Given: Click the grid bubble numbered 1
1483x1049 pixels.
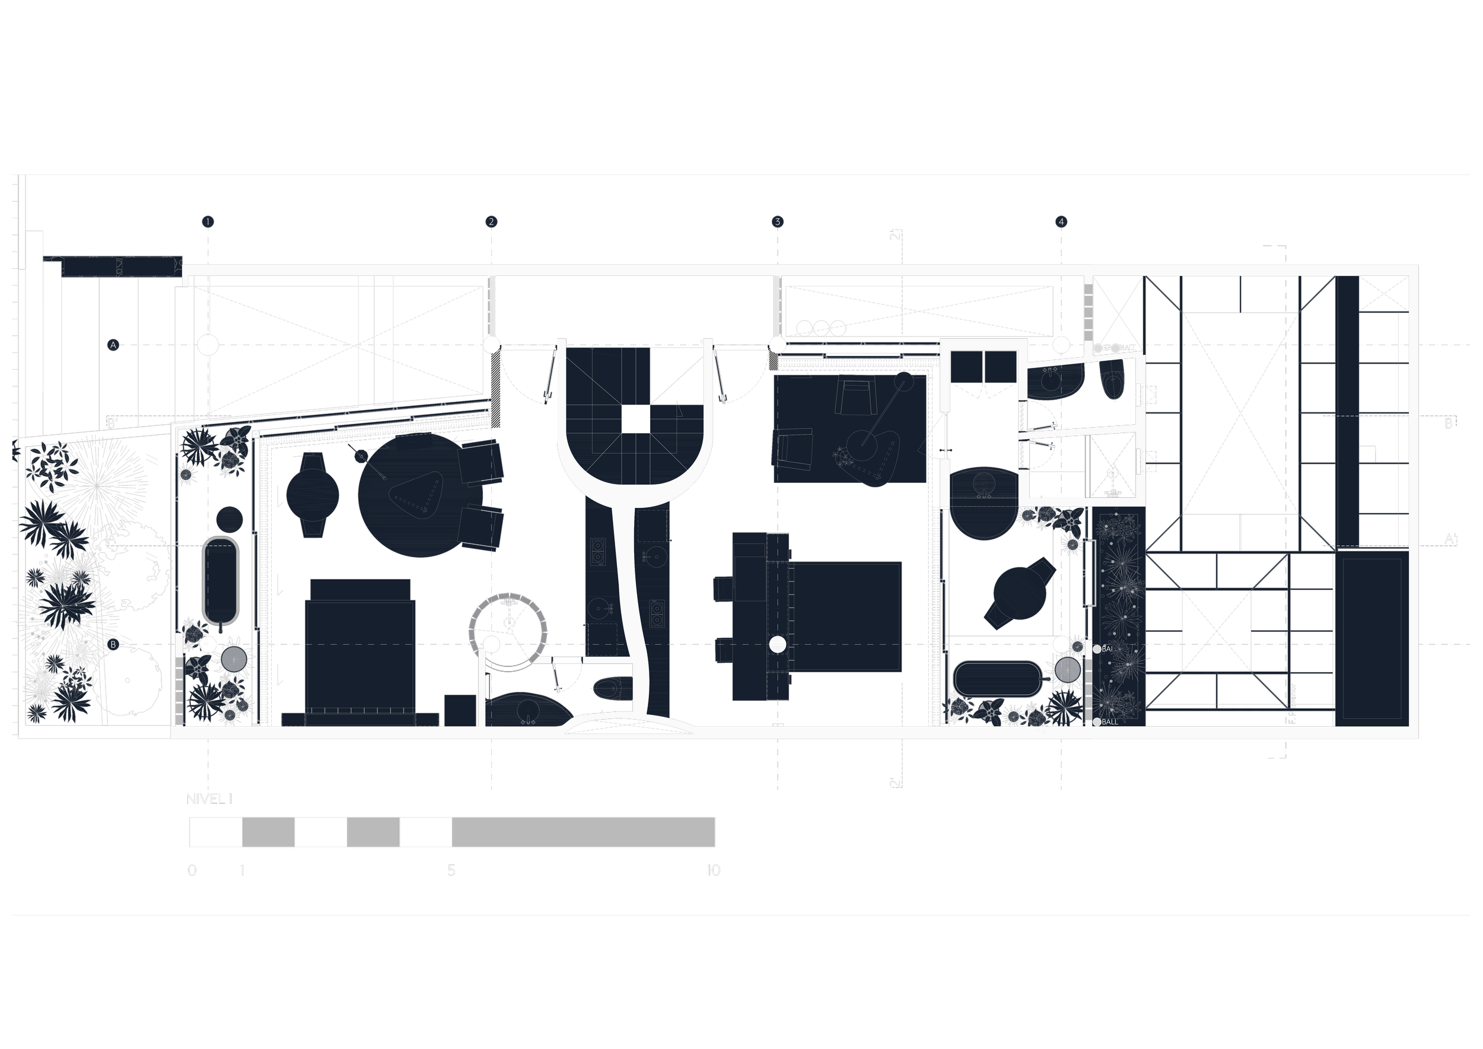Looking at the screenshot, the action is pyautogui.click(x=208, y=221).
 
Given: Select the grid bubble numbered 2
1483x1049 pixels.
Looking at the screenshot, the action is pyautogui.click(x=491, y=221).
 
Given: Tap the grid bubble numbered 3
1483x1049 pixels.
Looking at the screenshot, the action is pyautogui.click(x=777, y=221).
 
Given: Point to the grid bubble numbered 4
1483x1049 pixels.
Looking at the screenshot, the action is pyautogui.click(x=1061, y=221).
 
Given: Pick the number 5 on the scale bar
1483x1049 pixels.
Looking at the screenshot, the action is pyautogui.click(x=451, y=870).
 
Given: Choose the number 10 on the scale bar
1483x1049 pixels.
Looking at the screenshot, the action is pyautogui.click(x=712, y=870).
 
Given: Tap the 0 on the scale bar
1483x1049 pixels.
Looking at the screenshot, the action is pyautogui.click(x=192, y=870).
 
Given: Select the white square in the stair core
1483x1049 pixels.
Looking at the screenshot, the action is pyautogui.click(x=635, y=418).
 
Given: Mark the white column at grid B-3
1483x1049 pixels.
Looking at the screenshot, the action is pyautogui.click(x=778, y=644).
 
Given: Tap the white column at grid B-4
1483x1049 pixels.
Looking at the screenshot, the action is pyautogui.click(x=1061, y=644).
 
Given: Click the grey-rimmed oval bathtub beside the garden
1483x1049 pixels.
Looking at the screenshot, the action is pyautogui.click(x=221, y=580).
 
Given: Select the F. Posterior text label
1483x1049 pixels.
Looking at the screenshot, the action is pyautogui.click(x=1293, y=704).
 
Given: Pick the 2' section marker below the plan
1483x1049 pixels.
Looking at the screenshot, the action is pyautogui.click(x=895, y=783).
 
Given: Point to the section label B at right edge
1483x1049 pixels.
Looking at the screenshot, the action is pyautogui.click(x=1449, y=423).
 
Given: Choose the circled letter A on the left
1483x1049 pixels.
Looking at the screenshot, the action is pyautogui.click(x=113, y=345).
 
